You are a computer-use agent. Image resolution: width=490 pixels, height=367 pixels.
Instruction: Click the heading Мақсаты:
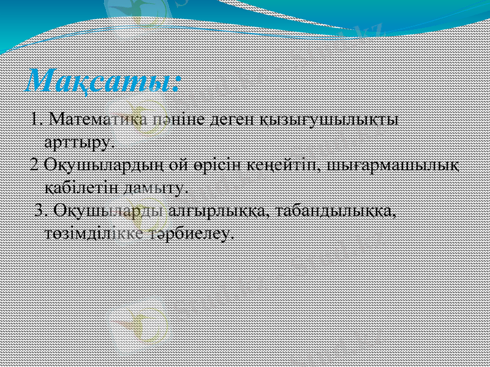click(x=104, y=80)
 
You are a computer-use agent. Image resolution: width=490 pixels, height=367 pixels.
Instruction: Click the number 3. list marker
click(x=42, y=210)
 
